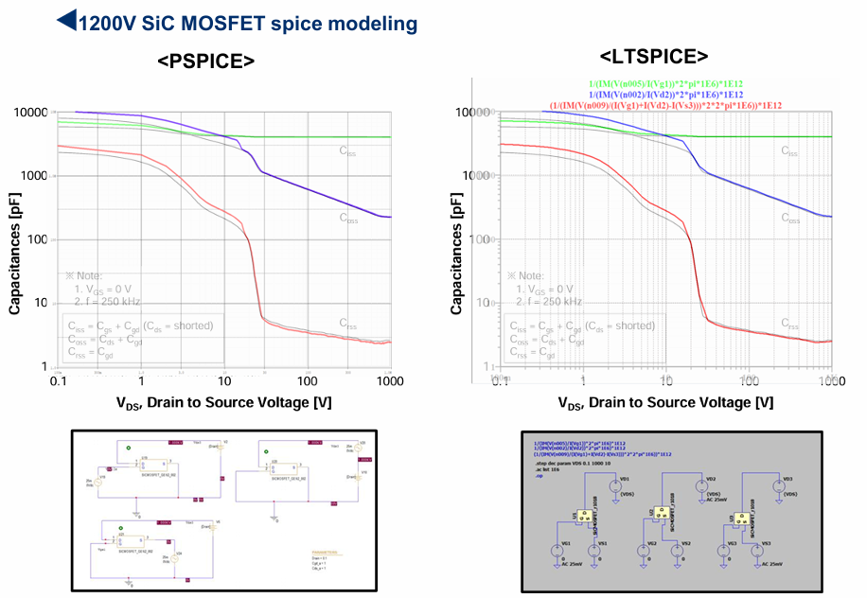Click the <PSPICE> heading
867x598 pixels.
[205, 62]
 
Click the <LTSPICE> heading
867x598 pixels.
[654, 57]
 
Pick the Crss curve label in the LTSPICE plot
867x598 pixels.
[791, 324]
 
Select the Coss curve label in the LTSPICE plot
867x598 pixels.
[791, 217]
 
